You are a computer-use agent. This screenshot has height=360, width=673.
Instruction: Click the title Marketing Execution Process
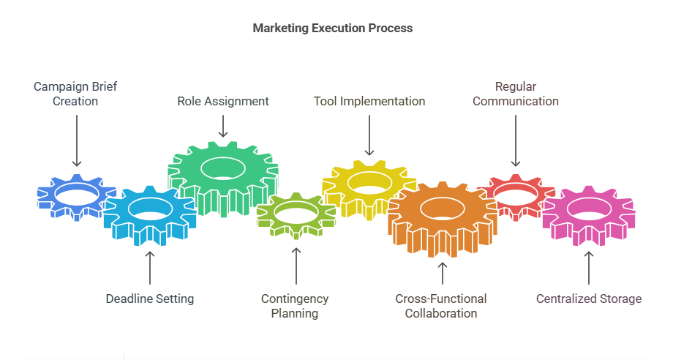[332, 29]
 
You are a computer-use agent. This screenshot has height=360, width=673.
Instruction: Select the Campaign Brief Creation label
[75, 94]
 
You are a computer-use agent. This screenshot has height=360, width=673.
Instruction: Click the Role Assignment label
[223, 101]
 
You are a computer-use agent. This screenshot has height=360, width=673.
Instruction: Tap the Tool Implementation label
[369, 101]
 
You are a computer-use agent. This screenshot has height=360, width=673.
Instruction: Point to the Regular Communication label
[516, 94]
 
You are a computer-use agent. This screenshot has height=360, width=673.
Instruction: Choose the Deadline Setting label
[150, 299]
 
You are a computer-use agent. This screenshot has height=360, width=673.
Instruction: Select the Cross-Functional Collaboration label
[441, 306]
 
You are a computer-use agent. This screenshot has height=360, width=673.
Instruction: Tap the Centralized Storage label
[589, 299]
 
